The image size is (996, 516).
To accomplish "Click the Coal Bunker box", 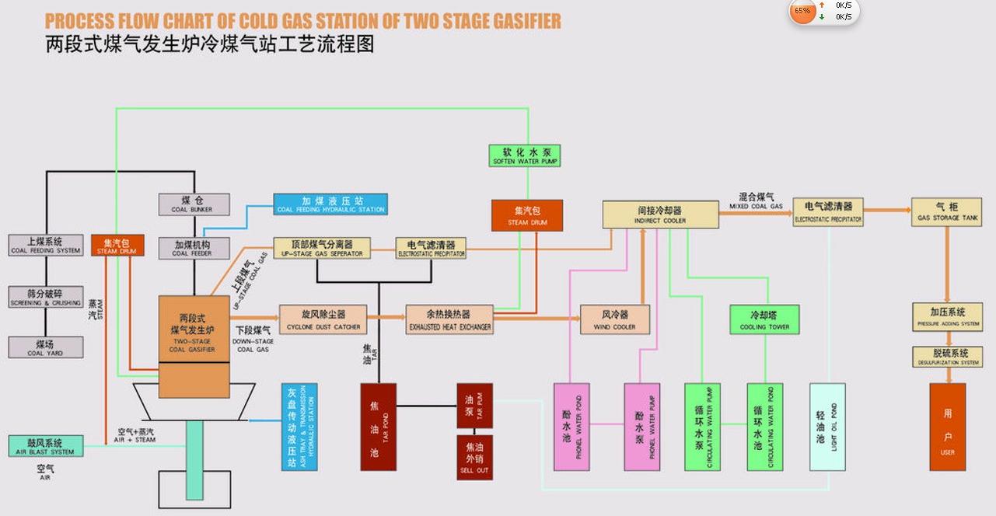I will click(194, 204).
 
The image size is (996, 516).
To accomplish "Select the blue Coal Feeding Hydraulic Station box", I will click(330, 204).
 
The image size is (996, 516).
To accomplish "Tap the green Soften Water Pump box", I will click(525, 155).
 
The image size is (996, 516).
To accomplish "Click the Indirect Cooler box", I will click(660, 214).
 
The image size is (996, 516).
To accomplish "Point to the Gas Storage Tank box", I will click(946, 212).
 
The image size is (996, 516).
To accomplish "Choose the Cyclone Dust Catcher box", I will click(323, 319).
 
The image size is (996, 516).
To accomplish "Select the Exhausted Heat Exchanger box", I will click(449, 319).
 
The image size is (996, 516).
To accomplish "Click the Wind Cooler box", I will click(614, 319).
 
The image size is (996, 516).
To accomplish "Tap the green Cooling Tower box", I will click(764, 319).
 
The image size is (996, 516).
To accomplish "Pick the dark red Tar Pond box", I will click(378, 427).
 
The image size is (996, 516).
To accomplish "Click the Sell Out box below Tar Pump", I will click(474, 457).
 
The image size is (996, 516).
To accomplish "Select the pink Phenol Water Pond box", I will click(571, 427).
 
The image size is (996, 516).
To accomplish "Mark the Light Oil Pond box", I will click(827, 427).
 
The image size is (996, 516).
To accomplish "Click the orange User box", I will click(947, 427).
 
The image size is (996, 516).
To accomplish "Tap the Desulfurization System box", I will click(946, 357).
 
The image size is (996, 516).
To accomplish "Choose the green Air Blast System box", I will click(45, 446).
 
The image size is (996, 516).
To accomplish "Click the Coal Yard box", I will click(45, 347).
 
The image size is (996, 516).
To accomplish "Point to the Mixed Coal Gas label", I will click(756, 201).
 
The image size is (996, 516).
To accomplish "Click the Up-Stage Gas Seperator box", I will click(322, 248).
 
